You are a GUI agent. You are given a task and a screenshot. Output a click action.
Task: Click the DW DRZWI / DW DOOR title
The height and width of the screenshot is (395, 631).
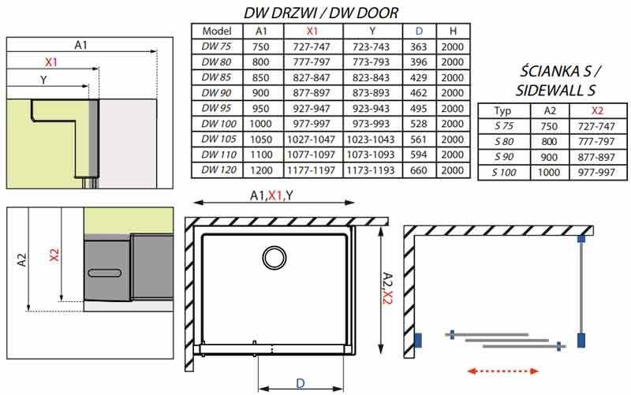coord(321,13)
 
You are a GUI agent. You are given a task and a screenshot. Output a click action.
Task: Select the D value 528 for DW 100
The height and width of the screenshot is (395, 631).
coord(419,124)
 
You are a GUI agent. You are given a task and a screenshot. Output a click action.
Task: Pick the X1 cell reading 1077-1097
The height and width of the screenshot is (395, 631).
coord(311,155)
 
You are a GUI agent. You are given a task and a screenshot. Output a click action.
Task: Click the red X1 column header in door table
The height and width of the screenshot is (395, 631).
coord(312,31)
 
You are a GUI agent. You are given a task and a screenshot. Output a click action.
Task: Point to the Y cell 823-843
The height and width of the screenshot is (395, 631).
coord(371,77)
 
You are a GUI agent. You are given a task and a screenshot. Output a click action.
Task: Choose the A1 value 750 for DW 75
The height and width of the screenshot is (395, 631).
coord(261,47)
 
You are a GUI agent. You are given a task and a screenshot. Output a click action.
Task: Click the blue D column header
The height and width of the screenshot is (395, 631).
coord(420,31)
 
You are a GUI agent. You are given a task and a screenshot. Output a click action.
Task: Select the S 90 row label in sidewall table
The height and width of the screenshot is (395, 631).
coord(504,157)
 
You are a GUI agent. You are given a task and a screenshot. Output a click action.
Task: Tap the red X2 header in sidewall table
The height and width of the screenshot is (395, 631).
coord(597,110)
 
